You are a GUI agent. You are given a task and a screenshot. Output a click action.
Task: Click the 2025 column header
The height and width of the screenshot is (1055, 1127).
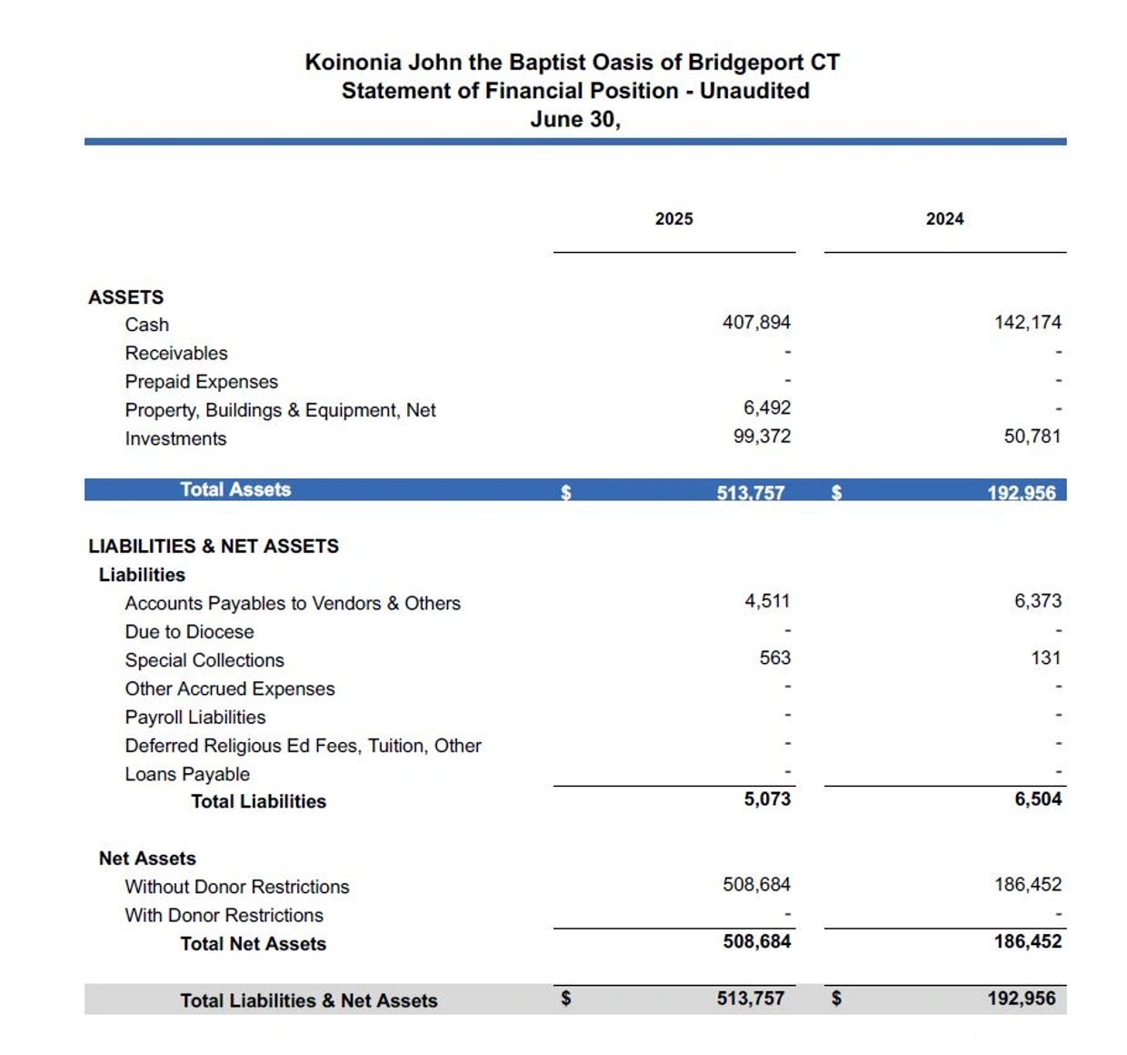pyautogui.click(x=673, y=219)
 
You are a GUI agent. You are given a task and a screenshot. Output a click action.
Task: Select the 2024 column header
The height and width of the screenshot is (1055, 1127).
pyautogui.click(x=944, y=219)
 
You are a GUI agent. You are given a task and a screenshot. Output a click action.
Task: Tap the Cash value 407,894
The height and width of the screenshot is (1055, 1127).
pyautogui.click(x=756, y=322)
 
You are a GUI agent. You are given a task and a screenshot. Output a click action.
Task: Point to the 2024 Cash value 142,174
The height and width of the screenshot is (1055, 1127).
pyautogui.click(x=1027, y=322)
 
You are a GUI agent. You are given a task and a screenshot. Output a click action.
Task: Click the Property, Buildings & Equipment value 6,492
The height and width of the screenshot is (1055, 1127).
pyautogui.click(x=767, y=408)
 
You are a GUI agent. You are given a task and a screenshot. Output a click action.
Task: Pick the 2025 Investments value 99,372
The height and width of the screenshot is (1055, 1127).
pyautogui.click(x=762, y=437)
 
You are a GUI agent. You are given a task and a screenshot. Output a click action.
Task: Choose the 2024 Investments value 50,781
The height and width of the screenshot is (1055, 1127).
pyautogui.click(x=1032, y=437)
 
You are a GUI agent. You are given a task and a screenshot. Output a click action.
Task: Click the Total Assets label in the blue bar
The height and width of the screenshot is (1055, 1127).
pyautogui.click(x=235, y=489)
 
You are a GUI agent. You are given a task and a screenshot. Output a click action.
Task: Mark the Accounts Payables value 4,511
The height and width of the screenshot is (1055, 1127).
pyautogui.click(x=767, y=601)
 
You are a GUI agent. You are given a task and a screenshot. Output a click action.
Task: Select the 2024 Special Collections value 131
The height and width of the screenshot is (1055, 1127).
pyautogui.click(x=1046, y=658)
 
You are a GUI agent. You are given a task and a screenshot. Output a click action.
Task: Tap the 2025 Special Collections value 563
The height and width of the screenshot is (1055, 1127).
pyautogui.click(x=775, y=658)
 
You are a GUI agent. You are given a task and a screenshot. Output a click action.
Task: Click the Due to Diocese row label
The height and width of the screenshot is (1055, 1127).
pyautogui.click(x=189, y=632)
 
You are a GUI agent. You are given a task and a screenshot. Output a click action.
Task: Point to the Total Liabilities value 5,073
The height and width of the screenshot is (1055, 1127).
pyautogui.click(x=767, y=799)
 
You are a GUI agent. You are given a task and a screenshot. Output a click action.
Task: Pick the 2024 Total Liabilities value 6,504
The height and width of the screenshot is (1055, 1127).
pyautogui.click(x=1038, y=799)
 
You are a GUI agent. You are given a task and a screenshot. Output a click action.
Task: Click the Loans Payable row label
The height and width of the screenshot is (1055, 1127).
pyautogui.click(x=187, y=774)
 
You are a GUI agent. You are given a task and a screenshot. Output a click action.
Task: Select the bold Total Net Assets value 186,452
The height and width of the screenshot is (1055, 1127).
pyautogui.click(x=1027, y=941)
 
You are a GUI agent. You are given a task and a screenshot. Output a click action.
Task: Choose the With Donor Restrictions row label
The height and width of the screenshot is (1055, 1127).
pyautogui.click(x=224, y=915)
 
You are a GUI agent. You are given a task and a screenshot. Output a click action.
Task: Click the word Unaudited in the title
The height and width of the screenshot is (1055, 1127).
pyautogui.click(x=754, y=91)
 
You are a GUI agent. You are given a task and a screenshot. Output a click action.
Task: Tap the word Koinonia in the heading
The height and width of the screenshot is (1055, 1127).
pyautogui.click(x=353, y=63)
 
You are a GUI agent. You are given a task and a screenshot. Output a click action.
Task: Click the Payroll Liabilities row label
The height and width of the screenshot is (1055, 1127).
pyautogui.click(x=195, y=718)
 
